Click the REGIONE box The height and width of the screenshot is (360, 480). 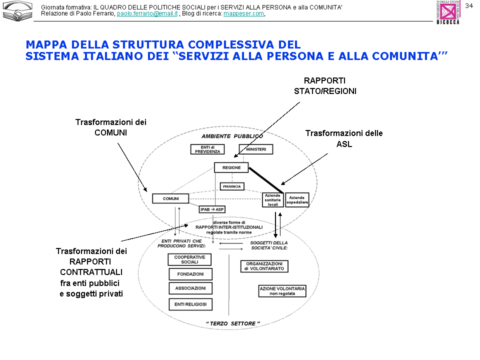click(231, 168)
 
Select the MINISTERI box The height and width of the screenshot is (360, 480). click(255, 149)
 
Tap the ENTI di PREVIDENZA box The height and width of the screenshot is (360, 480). click(207, 149)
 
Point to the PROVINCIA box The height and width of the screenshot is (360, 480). click(231, 186)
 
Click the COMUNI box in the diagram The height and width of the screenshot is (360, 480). click(170, 198)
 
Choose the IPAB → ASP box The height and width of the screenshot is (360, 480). click(212, 209)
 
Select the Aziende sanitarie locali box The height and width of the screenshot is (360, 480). click(272, 200)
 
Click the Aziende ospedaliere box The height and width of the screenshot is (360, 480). click(297, 200)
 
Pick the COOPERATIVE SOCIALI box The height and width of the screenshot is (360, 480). click(189, 259)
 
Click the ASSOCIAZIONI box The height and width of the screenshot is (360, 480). click(190, 288)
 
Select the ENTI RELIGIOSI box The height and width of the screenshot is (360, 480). click(190, 304)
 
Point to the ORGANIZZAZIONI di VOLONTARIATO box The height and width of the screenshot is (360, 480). click(264, 266)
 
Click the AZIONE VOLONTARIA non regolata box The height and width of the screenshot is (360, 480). click(282, 291)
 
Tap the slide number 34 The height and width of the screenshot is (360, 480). click(469, 6)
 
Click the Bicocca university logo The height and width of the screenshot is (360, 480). click(448, 12)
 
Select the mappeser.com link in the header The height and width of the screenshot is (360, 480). click(243, 13)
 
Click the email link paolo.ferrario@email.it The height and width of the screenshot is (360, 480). click(147, 13)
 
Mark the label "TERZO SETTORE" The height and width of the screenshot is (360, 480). click(233, 324)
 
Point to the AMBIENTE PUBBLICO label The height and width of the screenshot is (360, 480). click(232, 136)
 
